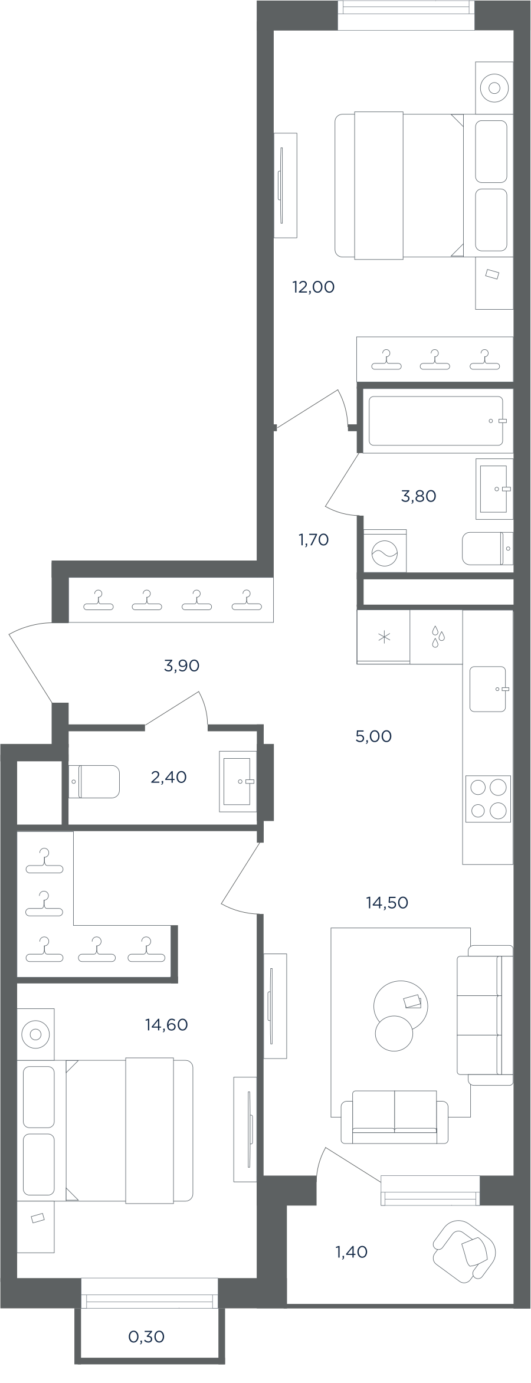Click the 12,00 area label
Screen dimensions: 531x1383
313,287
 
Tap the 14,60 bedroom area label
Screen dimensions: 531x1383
166,1025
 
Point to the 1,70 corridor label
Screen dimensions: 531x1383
313,539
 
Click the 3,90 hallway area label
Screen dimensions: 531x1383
182,666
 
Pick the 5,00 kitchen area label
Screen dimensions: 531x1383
373,736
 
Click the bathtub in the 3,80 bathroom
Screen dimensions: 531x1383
436,421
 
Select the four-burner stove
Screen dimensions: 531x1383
488,799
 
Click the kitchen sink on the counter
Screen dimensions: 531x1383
488,689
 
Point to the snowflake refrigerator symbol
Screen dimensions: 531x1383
384,637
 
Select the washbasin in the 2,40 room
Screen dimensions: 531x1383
238,781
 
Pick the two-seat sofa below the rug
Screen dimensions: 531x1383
395,1117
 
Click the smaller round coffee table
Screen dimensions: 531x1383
394,1033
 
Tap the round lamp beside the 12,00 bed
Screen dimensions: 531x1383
494,89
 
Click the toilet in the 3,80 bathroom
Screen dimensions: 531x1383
487,548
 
